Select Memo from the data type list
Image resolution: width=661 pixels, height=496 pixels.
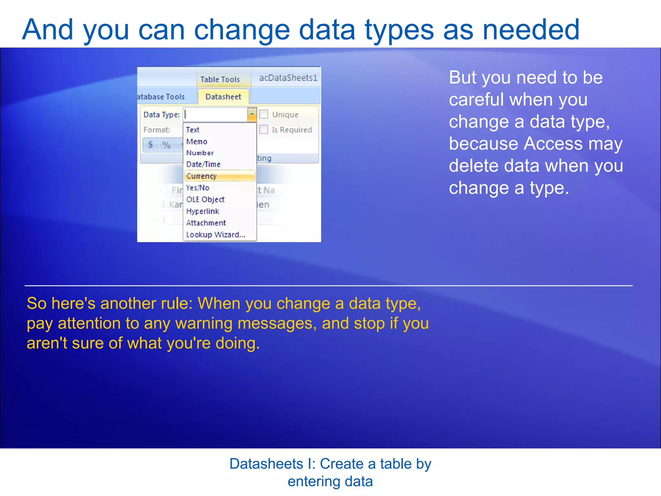point(197,141)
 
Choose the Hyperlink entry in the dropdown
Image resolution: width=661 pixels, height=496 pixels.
point(203,211)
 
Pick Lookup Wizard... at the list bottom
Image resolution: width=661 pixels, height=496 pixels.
point(216,235)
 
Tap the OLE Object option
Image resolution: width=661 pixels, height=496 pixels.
point(205,200)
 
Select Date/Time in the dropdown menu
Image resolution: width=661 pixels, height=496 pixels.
point(203,164)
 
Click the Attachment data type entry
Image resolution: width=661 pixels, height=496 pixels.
point(206,223)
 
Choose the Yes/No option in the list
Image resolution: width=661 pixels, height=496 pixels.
point(198,188)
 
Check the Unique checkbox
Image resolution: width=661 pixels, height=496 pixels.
point(264,114)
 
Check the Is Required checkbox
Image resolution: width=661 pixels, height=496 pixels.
point(264,129)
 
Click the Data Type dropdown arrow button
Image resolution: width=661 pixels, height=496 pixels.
point(252,114)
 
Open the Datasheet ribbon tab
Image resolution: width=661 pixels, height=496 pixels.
point(223,97)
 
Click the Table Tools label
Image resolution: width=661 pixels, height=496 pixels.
point(220,79)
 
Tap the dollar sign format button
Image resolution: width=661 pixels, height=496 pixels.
point(150,145)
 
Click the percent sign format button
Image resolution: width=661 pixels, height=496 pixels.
point(166,145)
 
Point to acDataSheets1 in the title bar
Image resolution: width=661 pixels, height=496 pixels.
point(288,78)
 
